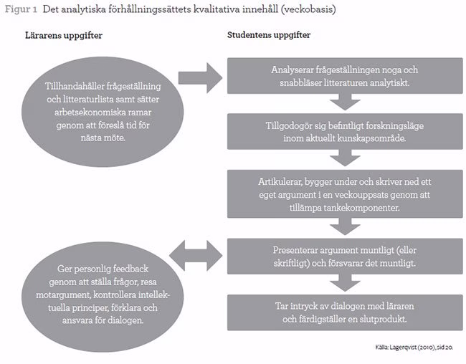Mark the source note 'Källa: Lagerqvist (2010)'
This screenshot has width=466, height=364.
[415, 348]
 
